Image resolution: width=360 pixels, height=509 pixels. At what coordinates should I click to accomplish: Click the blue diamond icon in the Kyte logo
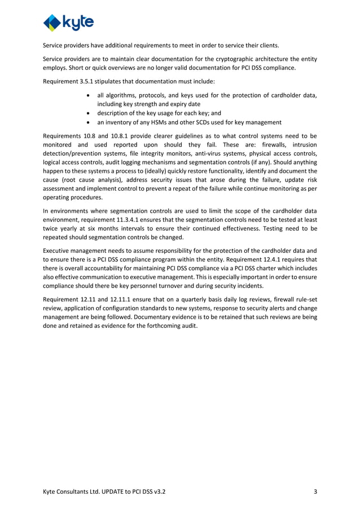[54, 23]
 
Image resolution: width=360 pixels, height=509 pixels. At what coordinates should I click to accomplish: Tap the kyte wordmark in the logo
[79, 23]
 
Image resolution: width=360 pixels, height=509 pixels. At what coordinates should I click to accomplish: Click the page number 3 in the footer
[315, 492]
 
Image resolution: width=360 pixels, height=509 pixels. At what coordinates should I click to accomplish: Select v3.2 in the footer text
[159, 492]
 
